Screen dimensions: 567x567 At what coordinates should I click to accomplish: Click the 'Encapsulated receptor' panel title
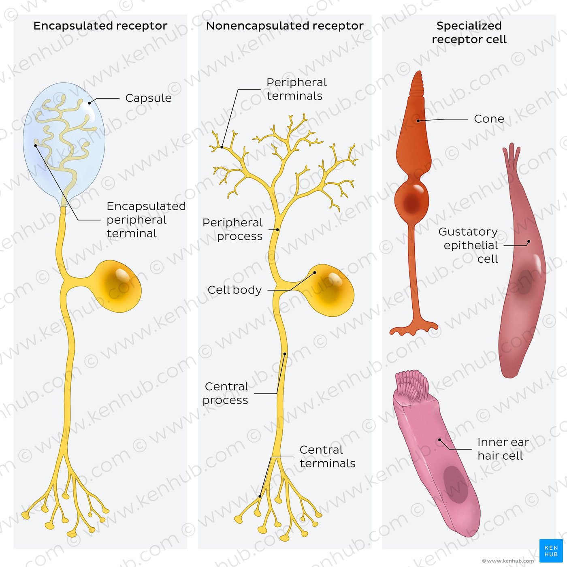click(x=100, y=26)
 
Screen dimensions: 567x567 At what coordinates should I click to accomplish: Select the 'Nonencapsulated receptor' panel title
click(x=285, y=26)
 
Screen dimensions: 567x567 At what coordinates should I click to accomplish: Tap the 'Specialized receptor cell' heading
click(x=469, y=33)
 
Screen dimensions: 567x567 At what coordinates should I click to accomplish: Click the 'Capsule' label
click(x=148, y=98)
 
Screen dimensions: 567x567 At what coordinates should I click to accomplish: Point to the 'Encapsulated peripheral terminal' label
click(x=146, y=220)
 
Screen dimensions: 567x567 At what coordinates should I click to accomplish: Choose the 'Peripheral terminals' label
click(x=296, y=89)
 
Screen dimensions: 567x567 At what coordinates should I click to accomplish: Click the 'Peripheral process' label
click(x=232, y=229)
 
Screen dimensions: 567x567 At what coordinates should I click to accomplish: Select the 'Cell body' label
click(x=234, y=290)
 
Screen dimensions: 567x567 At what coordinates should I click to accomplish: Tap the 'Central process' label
click(x=226, y=393)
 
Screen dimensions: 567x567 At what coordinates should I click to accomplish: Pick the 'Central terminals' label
click(x=328, y=456)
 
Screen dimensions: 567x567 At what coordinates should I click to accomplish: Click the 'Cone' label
click(x=489, y=119)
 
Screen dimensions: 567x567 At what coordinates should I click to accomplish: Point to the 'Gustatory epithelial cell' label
click(x=468, y=245)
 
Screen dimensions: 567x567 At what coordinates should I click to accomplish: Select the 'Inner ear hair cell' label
click(x=503, y=449)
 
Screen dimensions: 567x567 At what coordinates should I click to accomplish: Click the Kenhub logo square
click(x=551, y=550)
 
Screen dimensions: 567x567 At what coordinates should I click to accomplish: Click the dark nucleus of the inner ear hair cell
click(x=456, y=484)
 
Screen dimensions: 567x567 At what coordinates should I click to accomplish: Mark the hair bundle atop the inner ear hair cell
click(x=412, y=386)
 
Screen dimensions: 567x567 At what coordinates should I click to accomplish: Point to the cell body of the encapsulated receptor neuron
click(x=118, y=286)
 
